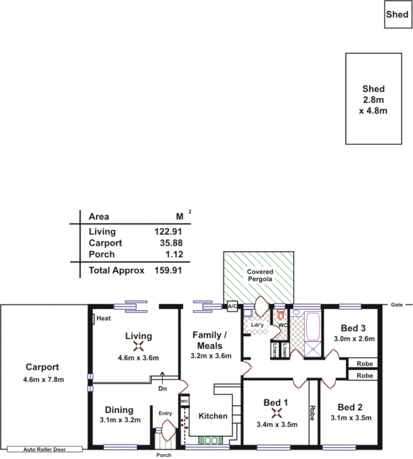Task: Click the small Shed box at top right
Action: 398,14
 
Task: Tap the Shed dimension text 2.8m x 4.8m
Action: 374,105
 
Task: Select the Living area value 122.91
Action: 168,232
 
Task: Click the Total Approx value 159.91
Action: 168,270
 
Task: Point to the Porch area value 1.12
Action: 174,254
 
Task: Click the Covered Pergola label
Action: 260,275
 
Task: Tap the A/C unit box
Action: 232,306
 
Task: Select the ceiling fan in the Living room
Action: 138,346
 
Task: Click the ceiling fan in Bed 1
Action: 277,413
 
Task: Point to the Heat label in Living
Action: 103,318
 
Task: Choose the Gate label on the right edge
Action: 396,305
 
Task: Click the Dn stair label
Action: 163,388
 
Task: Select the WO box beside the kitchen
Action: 184,401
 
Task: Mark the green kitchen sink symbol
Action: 211,441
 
